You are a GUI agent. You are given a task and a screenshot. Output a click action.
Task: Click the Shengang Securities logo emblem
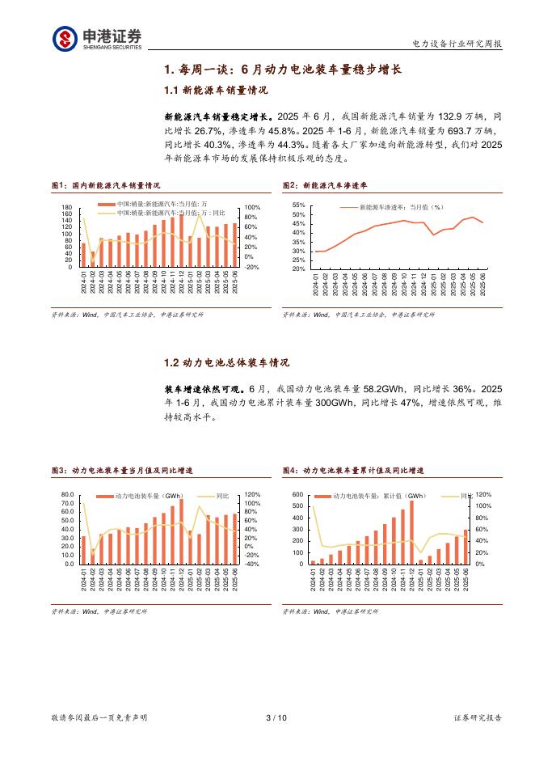(x=65, y=38)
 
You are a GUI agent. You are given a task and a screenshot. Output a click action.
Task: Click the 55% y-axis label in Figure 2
(x=297, y=205)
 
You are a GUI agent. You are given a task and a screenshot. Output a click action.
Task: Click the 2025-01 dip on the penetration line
(x=434, y=235)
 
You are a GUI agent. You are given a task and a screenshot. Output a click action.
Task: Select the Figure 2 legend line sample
(x=348, y=208)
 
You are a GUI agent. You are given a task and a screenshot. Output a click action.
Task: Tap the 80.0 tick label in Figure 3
(x=67, y=493)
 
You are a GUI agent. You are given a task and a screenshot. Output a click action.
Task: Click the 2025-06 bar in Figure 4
(x=465, y=547)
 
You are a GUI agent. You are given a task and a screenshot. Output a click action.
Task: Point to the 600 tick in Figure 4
(x=297, y=494)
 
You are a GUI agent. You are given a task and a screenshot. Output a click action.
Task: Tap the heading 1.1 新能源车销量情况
(x=216, y=91)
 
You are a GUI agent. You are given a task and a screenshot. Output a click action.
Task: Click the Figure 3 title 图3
(x=60, y=470)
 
